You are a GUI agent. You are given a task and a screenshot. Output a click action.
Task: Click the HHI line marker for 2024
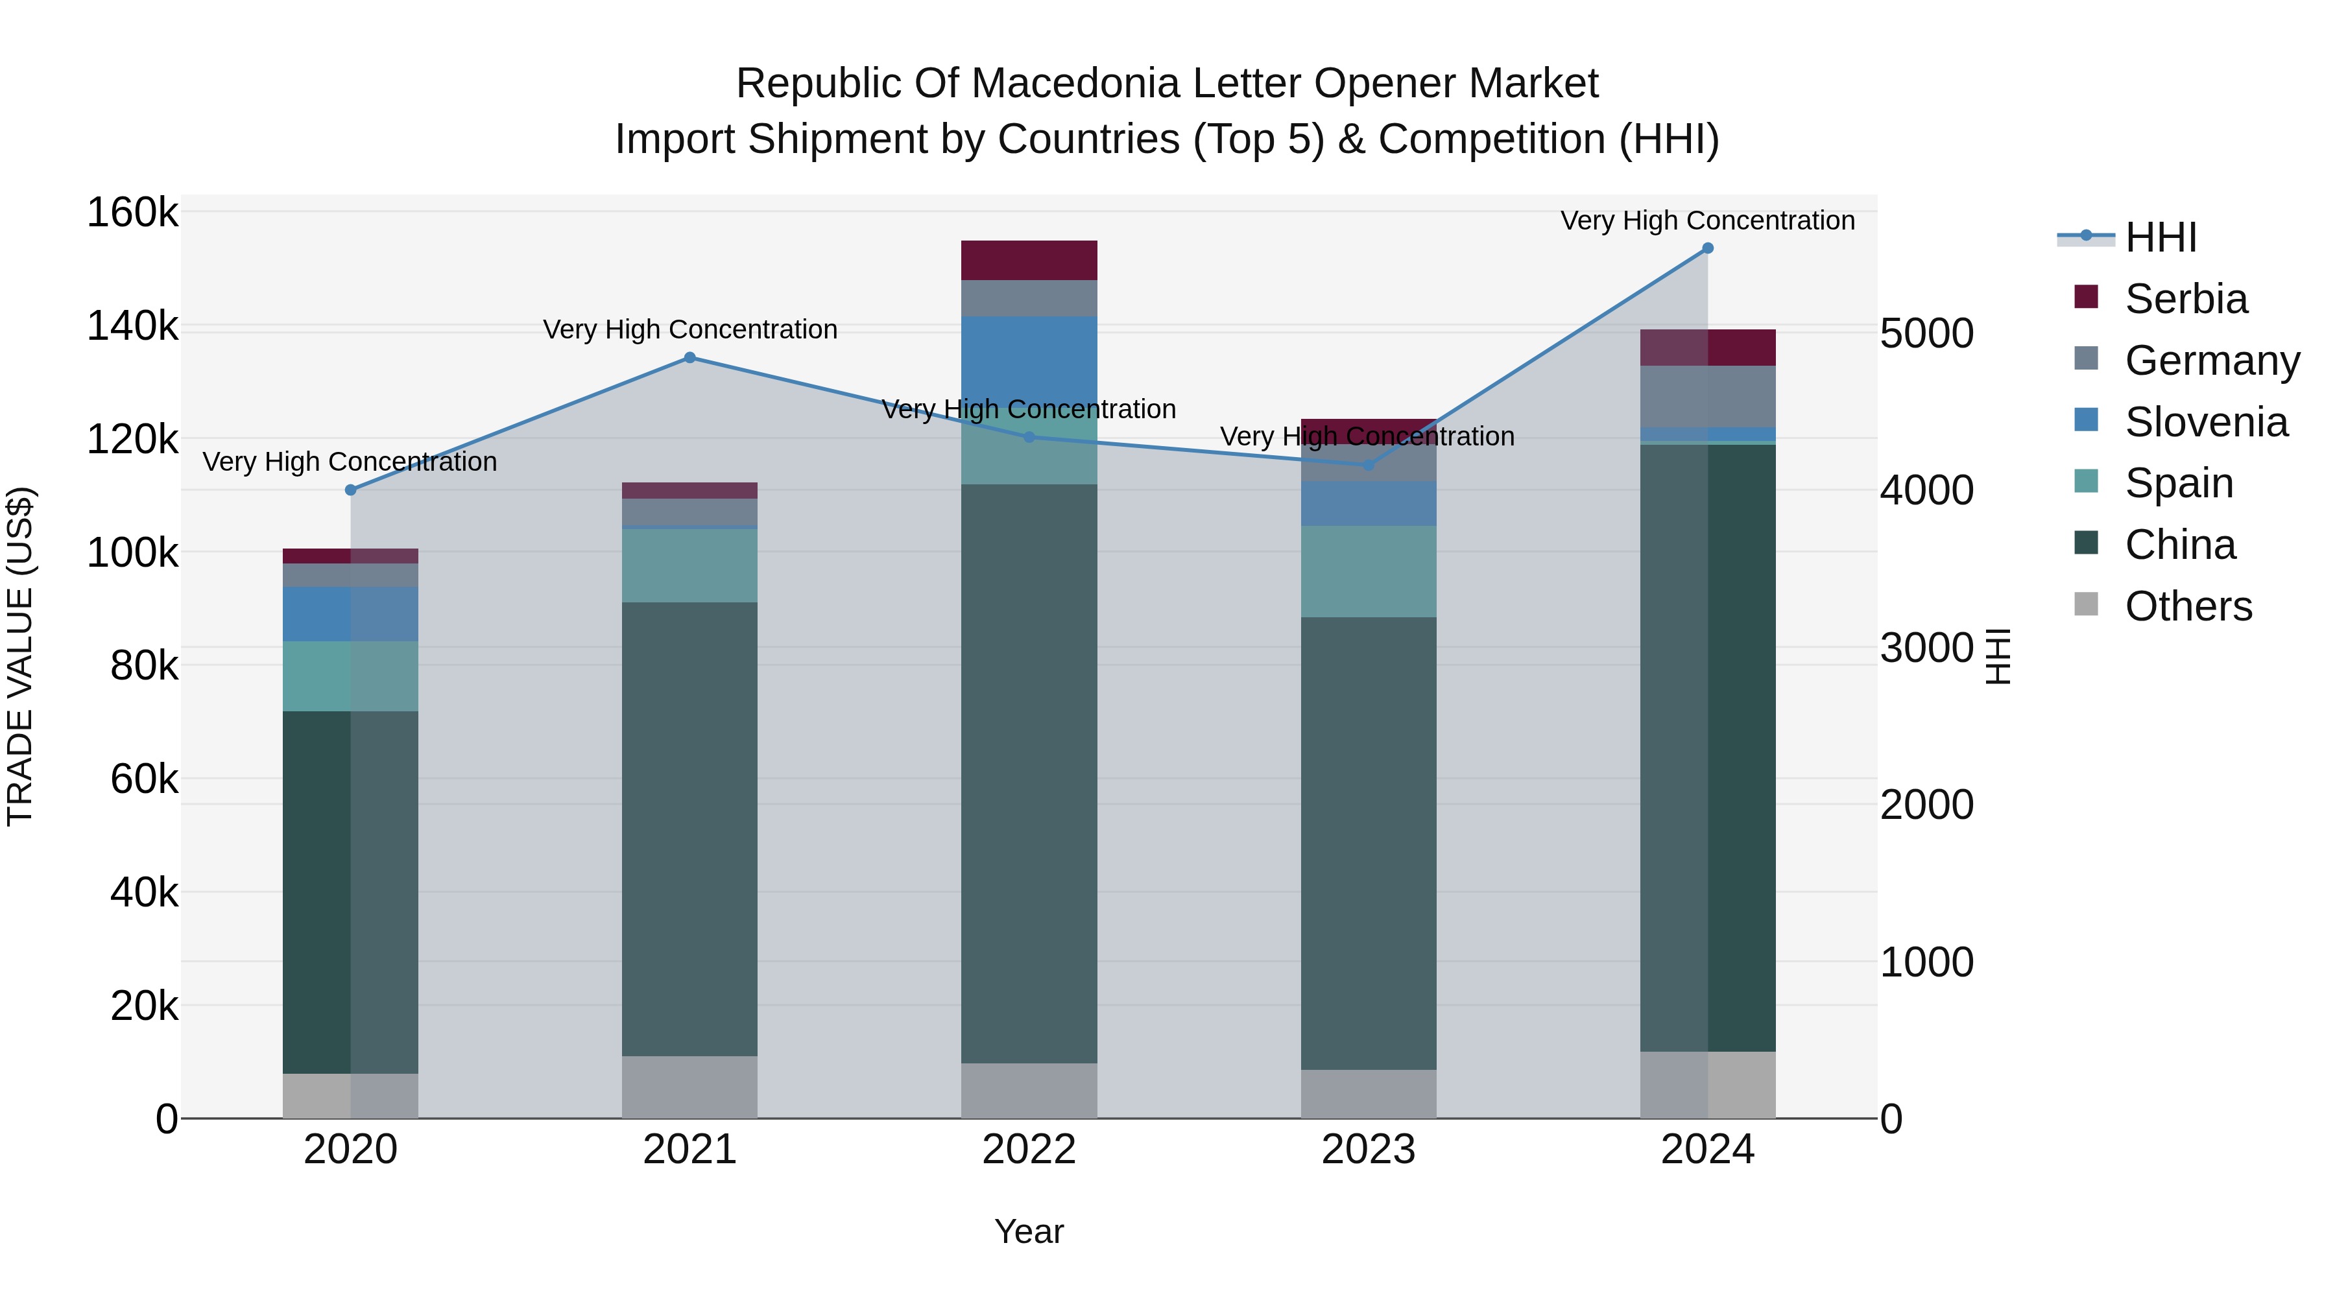coord(1708,248)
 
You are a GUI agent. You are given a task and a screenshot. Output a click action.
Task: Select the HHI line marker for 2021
coord(690,358)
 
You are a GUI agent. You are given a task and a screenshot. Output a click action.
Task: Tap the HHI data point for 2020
coord(351,490)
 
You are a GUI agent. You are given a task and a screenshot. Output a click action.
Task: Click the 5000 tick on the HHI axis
coord(1926,333)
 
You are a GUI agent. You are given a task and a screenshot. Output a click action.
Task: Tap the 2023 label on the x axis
coord(1368,1150)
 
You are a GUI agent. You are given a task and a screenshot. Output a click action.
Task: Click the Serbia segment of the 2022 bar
coord(1029,260)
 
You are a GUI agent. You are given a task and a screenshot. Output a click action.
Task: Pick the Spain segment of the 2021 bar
coord(690,565)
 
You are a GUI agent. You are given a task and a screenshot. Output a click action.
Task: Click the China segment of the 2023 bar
coord(1368,843)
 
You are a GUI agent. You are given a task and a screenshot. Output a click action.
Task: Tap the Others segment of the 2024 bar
coord(1708,1085)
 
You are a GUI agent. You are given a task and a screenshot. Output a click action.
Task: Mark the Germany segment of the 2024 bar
coord(1708,396)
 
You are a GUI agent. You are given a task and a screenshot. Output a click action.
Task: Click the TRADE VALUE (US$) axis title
coord(20,656)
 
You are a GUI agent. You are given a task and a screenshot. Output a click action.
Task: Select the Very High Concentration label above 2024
coord(1708,221)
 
